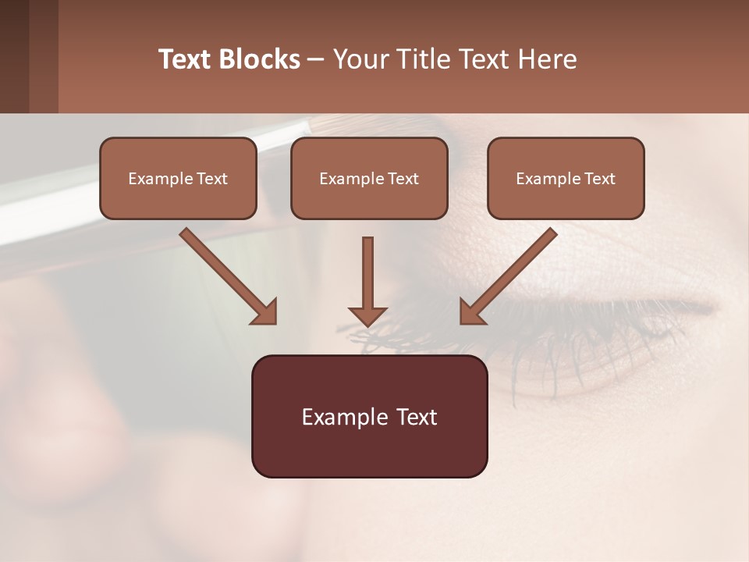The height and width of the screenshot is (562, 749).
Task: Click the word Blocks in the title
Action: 261,59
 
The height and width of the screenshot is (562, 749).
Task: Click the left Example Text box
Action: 178,178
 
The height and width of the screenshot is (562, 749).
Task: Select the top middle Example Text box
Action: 369,178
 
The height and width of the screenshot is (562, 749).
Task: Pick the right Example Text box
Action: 566,178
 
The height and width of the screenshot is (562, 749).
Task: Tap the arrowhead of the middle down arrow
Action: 367,315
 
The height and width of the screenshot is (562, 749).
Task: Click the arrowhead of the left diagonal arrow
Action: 265,312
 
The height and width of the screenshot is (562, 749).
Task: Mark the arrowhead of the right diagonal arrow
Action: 471,312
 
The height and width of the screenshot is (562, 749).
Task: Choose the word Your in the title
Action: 359,59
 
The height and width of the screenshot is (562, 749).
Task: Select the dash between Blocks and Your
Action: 316,59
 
